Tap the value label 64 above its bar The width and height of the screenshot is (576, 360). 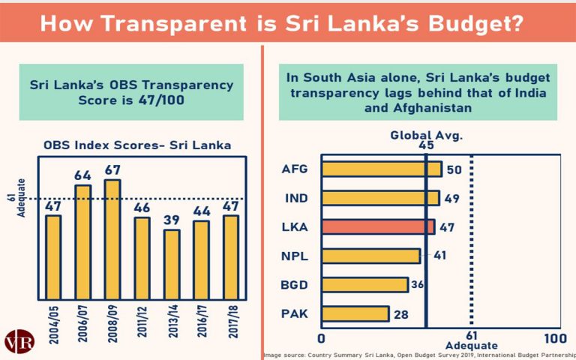[x=82, y=176]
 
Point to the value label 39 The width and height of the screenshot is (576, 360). [x=172, y=221]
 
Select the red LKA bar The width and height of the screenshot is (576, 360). [x=377, y=226]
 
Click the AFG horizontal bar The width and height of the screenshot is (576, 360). [x=381, y=169]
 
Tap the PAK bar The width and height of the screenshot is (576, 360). [x=355, y=313]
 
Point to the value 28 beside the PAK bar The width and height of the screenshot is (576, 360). [x=401, y=314]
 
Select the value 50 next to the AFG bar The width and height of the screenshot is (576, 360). [x=453, y=169]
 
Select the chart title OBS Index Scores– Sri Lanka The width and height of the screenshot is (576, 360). [x=136, y=145]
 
